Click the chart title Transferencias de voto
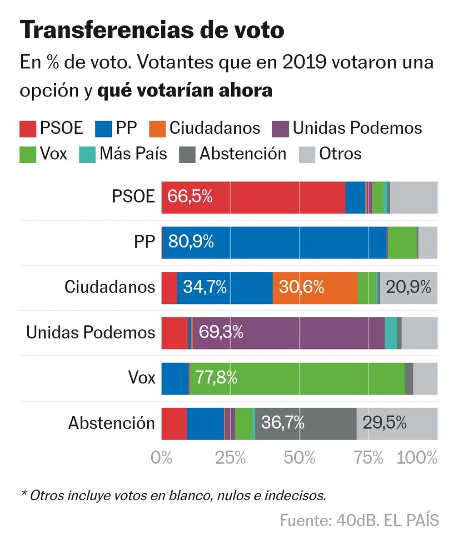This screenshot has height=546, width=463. tap(152, 30)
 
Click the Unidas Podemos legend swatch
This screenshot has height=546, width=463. tap(280, 129)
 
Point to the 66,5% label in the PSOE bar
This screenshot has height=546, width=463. tap(190, 197)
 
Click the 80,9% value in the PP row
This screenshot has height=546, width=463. tap(191, 242)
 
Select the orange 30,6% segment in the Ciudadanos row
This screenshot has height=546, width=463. tap(315, 288)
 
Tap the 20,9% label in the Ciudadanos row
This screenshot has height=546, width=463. tap(408, 287)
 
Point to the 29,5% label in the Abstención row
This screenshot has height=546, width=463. tap(384, 423)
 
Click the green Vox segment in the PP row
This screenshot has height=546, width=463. tap(402, 242)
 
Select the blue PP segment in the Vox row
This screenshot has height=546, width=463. tap(174, 378)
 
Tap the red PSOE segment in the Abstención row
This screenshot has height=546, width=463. tap(174, 424)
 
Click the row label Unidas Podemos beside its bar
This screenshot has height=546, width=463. tap(90, 333)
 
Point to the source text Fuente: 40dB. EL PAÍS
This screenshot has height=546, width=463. tap(359, 520)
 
